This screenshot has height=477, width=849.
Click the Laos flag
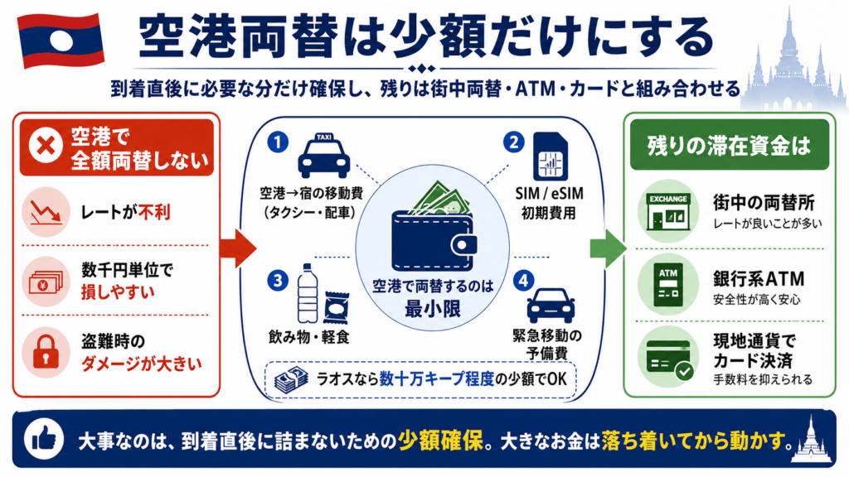[61, 40]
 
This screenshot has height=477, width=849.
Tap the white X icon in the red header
[46, 146]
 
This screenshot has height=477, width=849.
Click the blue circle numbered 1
[278, 142]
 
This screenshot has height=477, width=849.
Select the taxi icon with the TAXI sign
[324, 156]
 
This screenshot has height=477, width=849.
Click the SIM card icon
[551, 157]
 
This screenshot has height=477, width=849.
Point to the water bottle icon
[308, 294]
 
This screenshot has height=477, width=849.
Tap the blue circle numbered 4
[523, 281]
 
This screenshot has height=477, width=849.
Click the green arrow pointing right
[608, 248]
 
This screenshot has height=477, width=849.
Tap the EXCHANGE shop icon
[668, 211]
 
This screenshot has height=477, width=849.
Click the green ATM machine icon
[668, 285]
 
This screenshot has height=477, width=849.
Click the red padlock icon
[46, 352]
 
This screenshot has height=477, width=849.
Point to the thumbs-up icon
[44, 439]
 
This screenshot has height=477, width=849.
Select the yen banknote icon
[46, 282]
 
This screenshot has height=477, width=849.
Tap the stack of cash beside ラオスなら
[291, 380]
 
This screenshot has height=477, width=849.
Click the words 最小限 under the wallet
[433, 310]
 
